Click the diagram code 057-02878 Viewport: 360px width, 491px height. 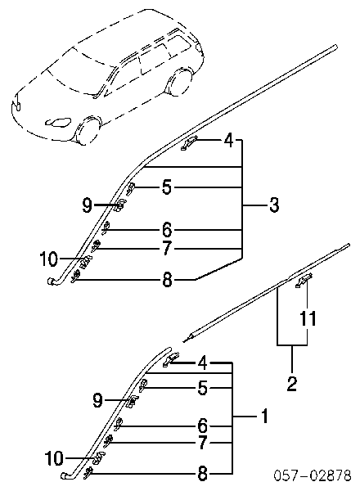(x=313, y=475)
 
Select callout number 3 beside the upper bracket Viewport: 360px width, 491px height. (x=273, y=205)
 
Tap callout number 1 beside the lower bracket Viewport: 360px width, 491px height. (x=264, y=417)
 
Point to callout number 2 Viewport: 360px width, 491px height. (x=292, y=383)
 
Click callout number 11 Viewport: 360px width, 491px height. (x=307, y=319)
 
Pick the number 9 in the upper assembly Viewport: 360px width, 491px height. (x=87, y=205)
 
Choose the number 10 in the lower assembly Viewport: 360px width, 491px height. (x=54, y=459)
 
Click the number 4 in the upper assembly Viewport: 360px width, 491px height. (x=229, y=141)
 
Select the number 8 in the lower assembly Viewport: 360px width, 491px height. (x=203, y=474)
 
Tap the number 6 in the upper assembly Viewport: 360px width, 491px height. (x=167, y=230)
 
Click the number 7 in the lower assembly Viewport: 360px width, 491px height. (x=203, y=442)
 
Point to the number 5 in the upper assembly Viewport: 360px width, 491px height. (x=167, y=187)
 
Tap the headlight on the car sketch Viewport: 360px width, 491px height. (x=58, y=121)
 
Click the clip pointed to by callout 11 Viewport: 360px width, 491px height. (x=304, y=280)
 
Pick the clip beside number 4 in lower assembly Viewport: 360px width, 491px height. (x=171, y=359)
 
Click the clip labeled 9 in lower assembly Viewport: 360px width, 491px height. (x=133, y=402)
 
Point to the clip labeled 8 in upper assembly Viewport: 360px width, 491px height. (x=75, y=277)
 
